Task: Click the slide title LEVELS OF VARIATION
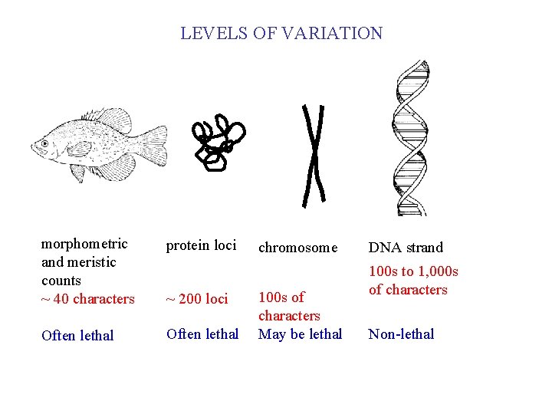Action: coord(281,34)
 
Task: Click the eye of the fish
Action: coord(44,143)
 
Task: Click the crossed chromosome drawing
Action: coord(314,156)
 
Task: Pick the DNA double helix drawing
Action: coord(409,138)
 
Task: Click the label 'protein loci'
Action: coord(201,245)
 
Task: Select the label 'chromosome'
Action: coord(297,248)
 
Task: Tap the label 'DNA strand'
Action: coord(406,248)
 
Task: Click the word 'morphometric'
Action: coord(84,244)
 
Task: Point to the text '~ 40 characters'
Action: coord(87,299)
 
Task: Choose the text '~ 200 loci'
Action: coord(197,299)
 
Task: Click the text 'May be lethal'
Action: coord(300,334)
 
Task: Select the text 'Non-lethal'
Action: coord(401,334)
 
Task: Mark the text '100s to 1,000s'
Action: coord(413,271)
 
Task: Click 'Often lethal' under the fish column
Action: coord(77,336)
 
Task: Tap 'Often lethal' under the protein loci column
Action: coord(202,334)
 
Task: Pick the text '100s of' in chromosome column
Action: coord(281,297)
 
